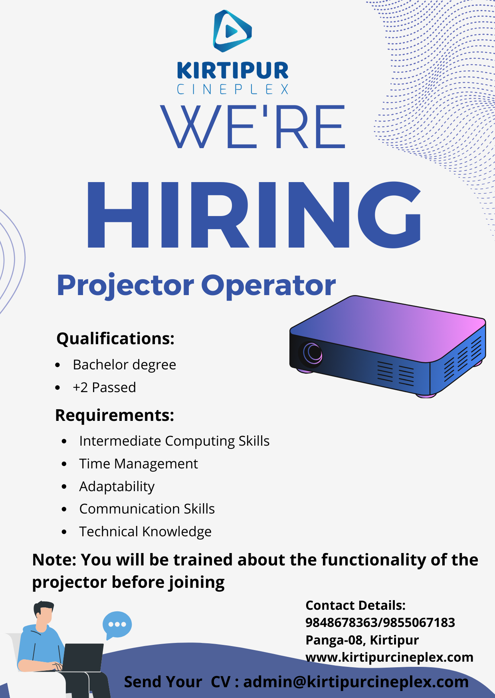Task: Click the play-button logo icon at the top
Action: tap(232, 31)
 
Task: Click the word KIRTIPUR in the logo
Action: tap(232, 71)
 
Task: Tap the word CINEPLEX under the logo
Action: tap(232, 89)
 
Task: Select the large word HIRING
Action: tap(254, 215)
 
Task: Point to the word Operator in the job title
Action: tap(268, 285)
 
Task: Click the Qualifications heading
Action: tap(115, 339)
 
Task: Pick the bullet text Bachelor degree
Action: tap(124, 365)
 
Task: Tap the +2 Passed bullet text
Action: tap(104, 387)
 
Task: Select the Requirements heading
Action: tap(115, 415)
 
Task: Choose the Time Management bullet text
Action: tap(139, 464)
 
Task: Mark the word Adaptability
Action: tap(117, 487)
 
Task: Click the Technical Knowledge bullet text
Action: tap(145, 532)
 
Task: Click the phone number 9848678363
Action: tap(341, 623)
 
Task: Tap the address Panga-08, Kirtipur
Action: tap(362, 640)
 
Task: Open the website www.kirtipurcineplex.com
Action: tap(389, 657)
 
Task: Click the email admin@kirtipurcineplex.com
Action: tap(356, 682)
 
